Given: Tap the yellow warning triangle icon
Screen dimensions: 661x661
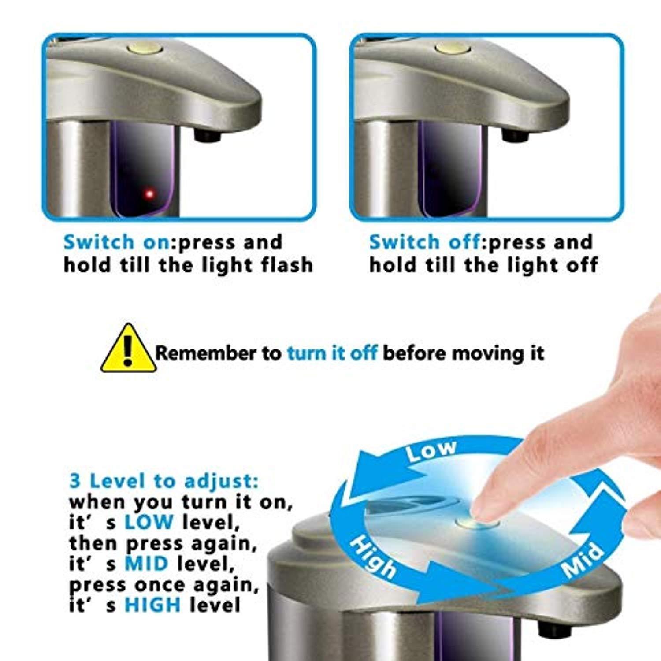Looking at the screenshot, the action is point(128,348).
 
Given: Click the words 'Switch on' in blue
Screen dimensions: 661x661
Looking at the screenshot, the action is point(116,242).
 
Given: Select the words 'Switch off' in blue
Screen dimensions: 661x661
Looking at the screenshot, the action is point(424,242).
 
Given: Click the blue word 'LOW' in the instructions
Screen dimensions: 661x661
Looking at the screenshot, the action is point(149,523).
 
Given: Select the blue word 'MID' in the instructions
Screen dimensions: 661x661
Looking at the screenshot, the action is point(146,564).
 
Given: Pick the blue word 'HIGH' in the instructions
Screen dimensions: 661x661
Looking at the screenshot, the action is point(153,605).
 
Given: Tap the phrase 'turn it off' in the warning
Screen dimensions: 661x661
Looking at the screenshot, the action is point(332,353).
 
